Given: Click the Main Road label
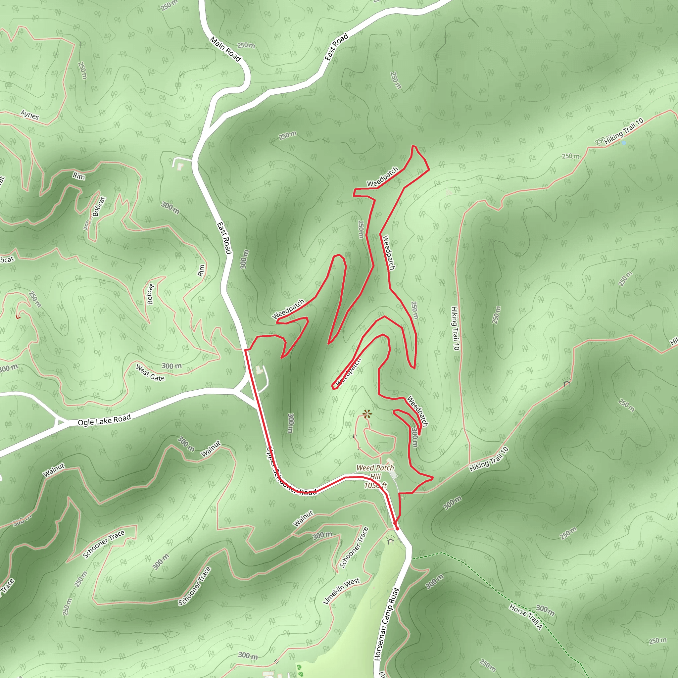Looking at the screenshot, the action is click(225, 49).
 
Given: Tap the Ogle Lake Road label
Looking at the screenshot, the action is click(104, 420).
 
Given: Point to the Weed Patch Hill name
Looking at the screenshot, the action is click(375, 472).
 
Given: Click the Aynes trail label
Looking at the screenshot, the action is click(29, 115).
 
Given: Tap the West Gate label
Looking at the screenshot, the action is click(150, 373).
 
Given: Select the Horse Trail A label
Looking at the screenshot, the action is click(526, 616).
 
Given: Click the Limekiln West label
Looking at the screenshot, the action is click(341, 591).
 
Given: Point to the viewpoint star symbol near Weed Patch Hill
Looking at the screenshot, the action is click(367, 414).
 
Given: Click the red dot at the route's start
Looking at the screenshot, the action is click(397, 528).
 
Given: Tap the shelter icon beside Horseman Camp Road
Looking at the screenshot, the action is click(391, 541).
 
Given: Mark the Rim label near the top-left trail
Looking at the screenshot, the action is click(79, 176).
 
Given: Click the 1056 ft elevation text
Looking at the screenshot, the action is click(375, 485).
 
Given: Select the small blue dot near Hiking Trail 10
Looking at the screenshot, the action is click(624, 143).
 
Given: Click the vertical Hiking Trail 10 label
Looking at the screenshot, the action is click(455, 328).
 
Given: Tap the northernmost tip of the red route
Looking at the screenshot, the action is click(413, 146).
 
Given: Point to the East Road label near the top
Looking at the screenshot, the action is click(336, 47).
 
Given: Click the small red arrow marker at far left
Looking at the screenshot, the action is click(18, 317).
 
